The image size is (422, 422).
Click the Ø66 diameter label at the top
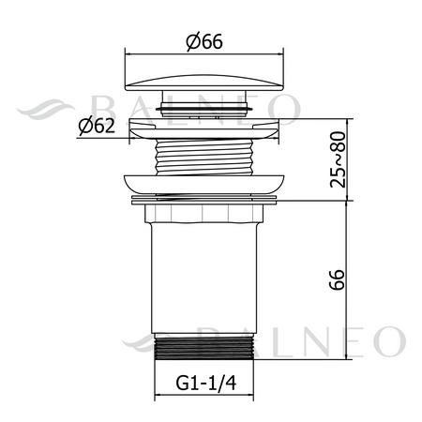204,41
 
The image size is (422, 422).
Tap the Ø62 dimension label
97,126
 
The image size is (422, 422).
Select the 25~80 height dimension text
338,159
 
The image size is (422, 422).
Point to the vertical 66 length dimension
337,279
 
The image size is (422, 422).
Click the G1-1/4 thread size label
206,383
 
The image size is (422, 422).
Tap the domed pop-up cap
204,83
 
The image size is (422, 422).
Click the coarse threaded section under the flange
204,157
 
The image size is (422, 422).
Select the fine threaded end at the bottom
204,347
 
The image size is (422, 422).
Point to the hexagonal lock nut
204,214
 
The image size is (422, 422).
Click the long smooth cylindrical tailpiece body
204,279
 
